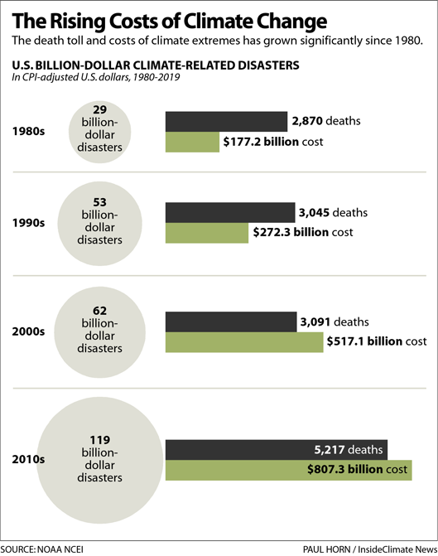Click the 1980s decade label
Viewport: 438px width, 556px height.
point(29,131)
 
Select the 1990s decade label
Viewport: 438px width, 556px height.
point(29,223)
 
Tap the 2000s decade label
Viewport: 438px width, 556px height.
point(29,331)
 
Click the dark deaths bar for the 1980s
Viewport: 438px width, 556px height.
point(226,121)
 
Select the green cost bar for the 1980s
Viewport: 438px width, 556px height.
point(193,142)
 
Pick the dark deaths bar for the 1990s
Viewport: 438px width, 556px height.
point(230,213)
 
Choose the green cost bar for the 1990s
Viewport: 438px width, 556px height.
point(207,233)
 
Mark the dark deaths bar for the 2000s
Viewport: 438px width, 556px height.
point(231,322)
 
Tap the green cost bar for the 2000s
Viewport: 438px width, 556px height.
point(244,341)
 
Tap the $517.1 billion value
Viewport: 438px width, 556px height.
point(364,341)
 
